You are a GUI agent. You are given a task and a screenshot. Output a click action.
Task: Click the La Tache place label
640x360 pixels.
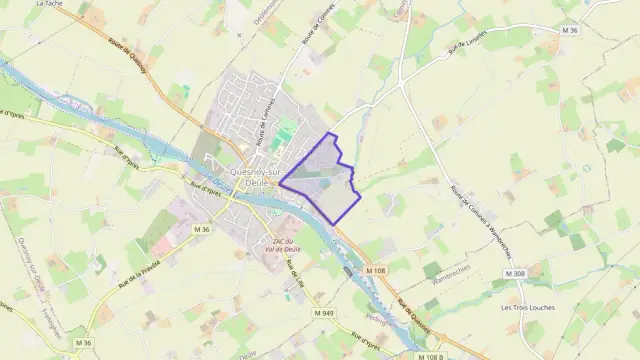pyautogui.click(x=47, y=4)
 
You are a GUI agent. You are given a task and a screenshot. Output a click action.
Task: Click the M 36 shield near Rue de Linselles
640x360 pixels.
pyautogui.click(x=570, y=32)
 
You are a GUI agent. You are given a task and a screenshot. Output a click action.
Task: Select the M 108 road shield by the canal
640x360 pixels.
pyautogui.click(x=375, y=271)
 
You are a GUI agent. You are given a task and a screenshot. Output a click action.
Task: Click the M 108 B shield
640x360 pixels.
pyautogui.click(x=429, y=356)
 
